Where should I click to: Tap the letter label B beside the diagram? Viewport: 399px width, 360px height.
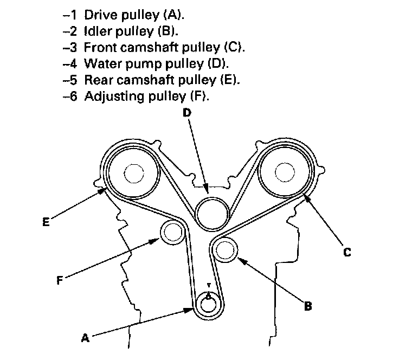[x=307, y=306]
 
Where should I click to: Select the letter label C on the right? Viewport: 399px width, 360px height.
[x=347, y=252]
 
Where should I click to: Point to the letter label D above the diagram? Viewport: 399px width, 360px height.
[x=186, y=113]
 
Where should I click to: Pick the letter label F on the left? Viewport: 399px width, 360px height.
[x=60, y=280]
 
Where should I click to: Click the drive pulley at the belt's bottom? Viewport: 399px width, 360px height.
[x=208, y=304]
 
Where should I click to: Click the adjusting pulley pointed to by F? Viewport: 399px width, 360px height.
[x=172, y=233]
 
